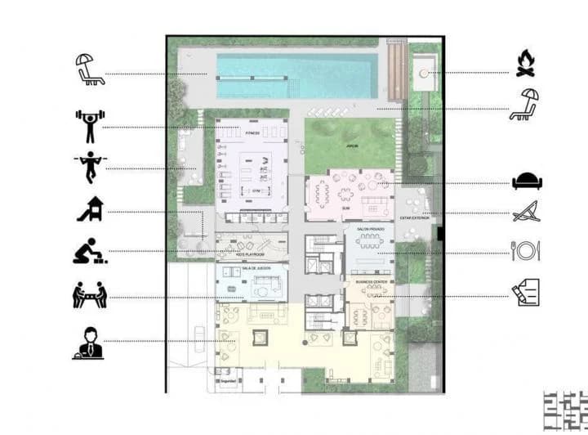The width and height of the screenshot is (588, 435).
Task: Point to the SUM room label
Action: (x=346, y=208)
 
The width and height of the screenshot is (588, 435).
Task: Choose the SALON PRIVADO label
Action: (x=369, y=231)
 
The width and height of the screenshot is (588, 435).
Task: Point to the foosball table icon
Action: (x=89, y=295)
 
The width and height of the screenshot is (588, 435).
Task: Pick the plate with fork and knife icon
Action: (x=525, y=250)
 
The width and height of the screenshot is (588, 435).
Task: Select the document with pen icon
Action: (x=525, y=293)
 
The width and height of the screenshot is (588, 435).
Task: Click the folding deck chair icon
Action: (x=524, y=214)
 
